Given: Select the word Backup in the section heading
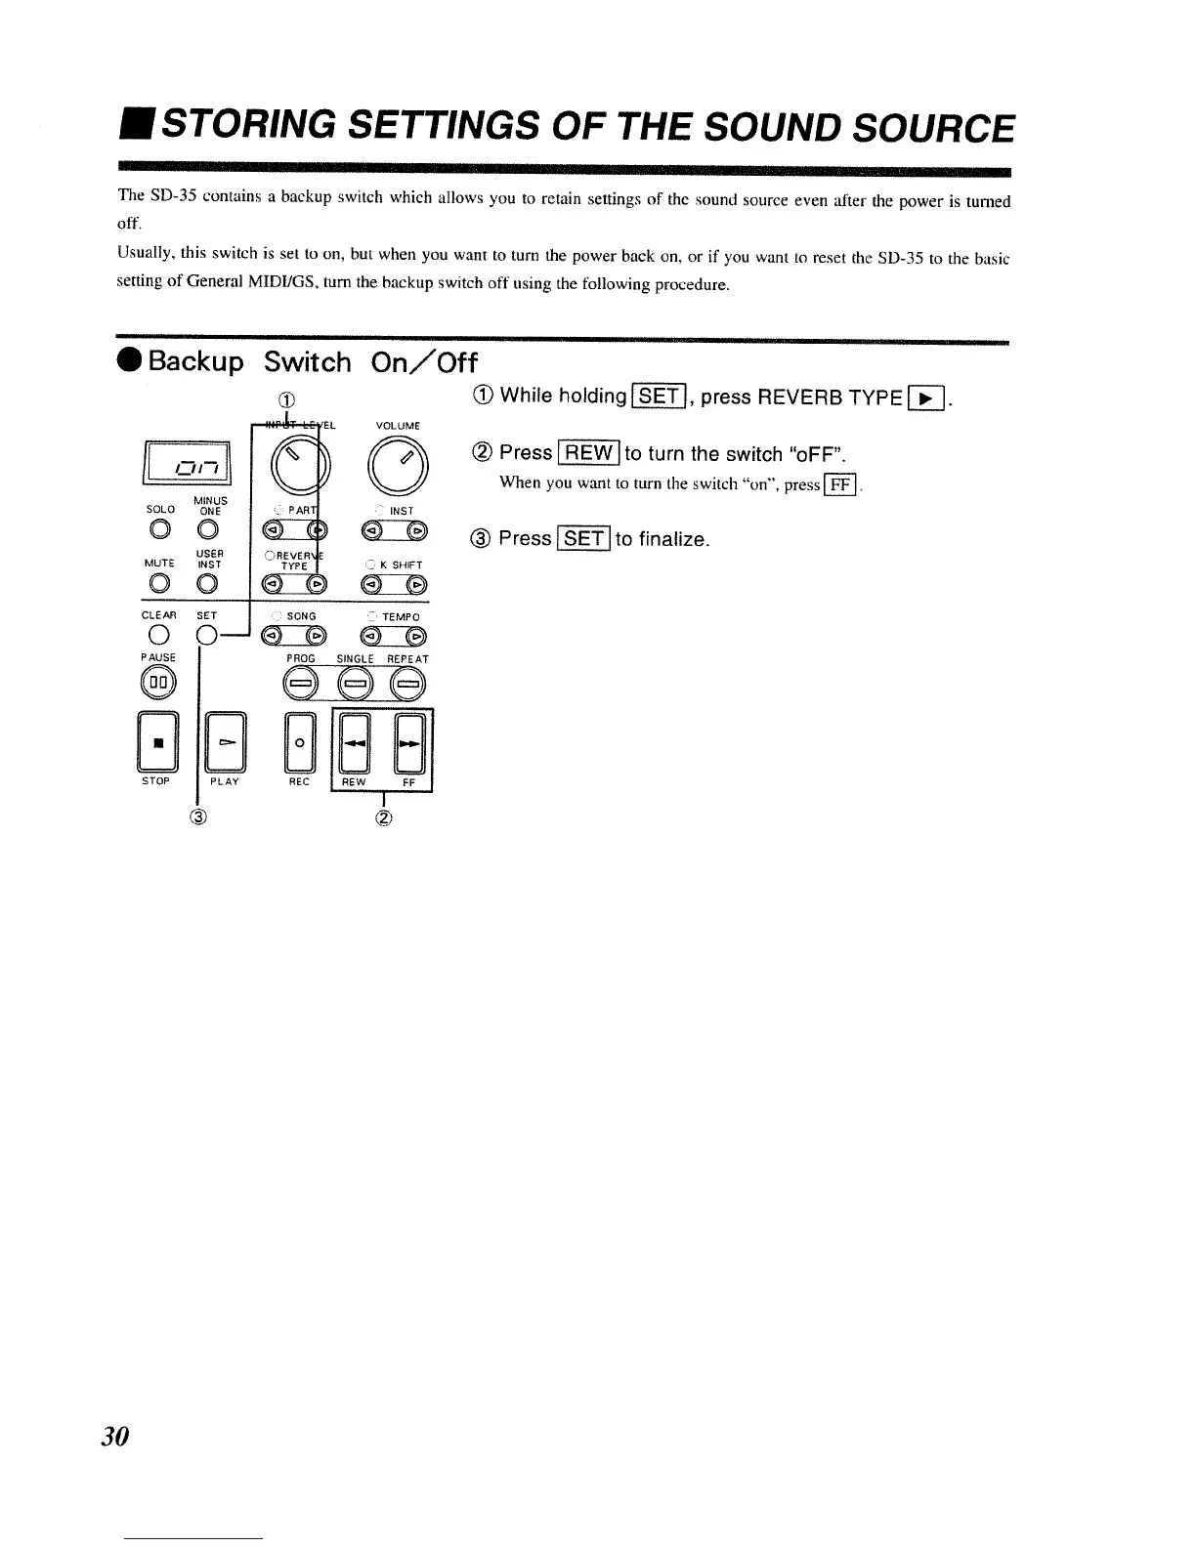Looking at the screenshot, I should click(196, 362).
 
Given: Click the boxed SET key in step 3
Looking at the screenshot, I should click(583, 539).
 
